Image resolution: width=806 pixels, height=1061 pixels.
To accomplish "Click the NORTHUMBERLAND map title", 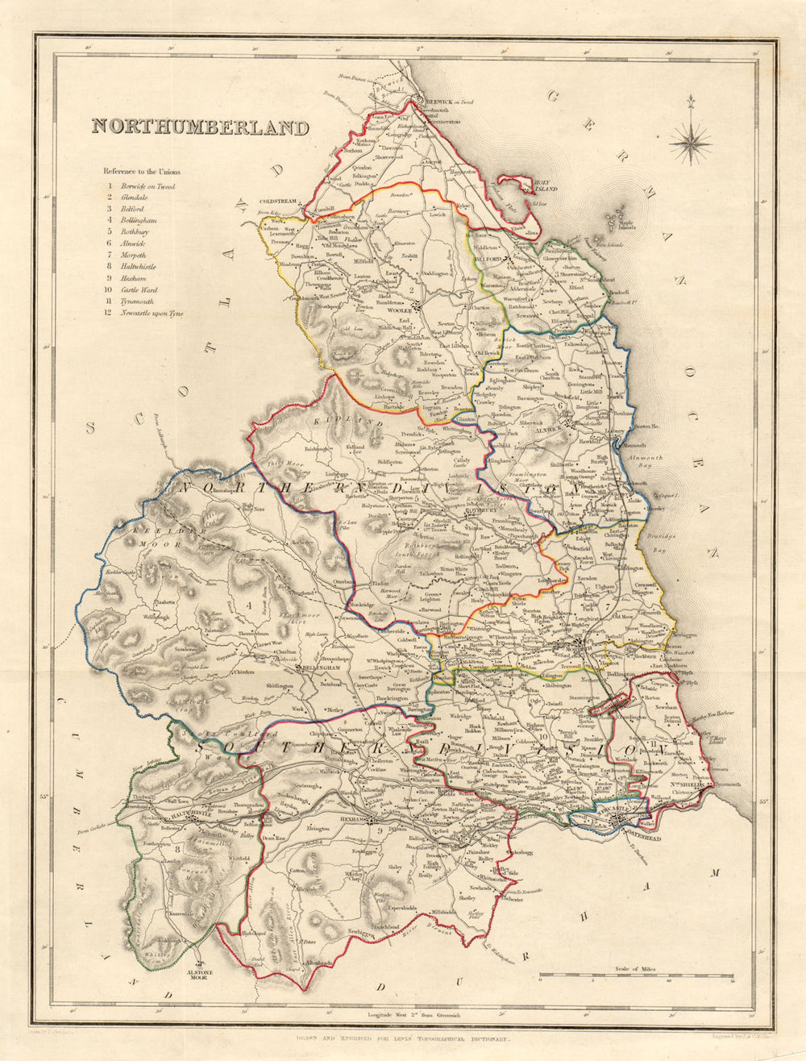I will [199, 127].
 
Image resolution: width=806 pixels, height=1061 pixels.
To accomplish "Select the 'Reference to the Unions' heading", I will [141, 172].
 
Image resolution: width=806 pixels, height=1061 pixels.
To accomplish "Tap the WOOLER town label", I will [400, 310].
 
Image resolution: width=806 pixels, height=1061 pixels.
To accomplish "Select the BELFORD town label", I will [488, 259].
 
